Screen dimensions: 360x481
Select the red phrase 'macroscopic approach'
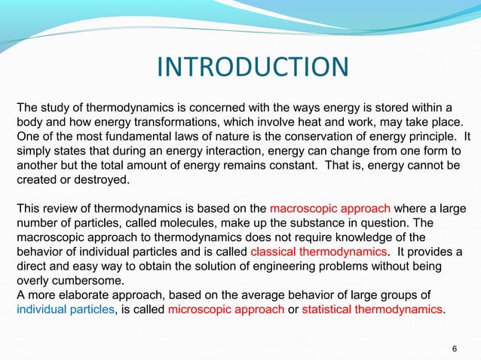click(x=330, y=208)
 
